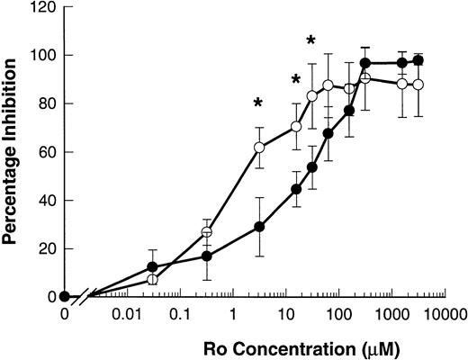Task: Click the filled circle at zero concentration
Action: (x=64, y=296)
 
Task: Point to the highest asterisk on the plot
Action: (x=311, y=40)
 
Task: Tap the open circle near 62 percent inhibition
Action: (x=259, y=147)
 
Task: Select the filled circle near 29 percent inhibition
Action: (x=259, y=227)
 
